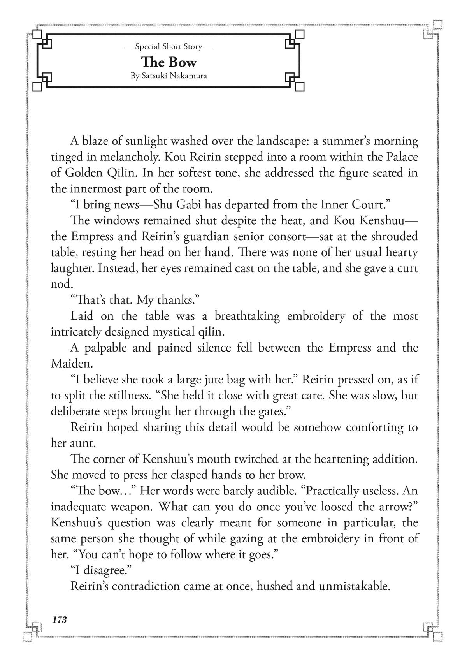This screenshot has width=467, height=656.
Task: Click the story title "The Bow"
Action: pyautogui.click(x=169, y=62)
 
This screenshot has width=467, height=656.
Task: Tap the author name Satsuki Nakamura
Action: pyautogui.click(x=169, y=76)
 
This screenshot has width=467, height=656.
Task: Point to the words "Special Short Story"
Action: pyautogui.click(x=169, y=47)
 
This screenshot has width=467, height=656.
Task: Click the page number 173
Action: pyautogui.click(x=60, y=619)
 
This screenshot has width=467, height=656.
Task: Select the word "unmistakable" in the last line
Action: pyautogui.click(x=354, y=586)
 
